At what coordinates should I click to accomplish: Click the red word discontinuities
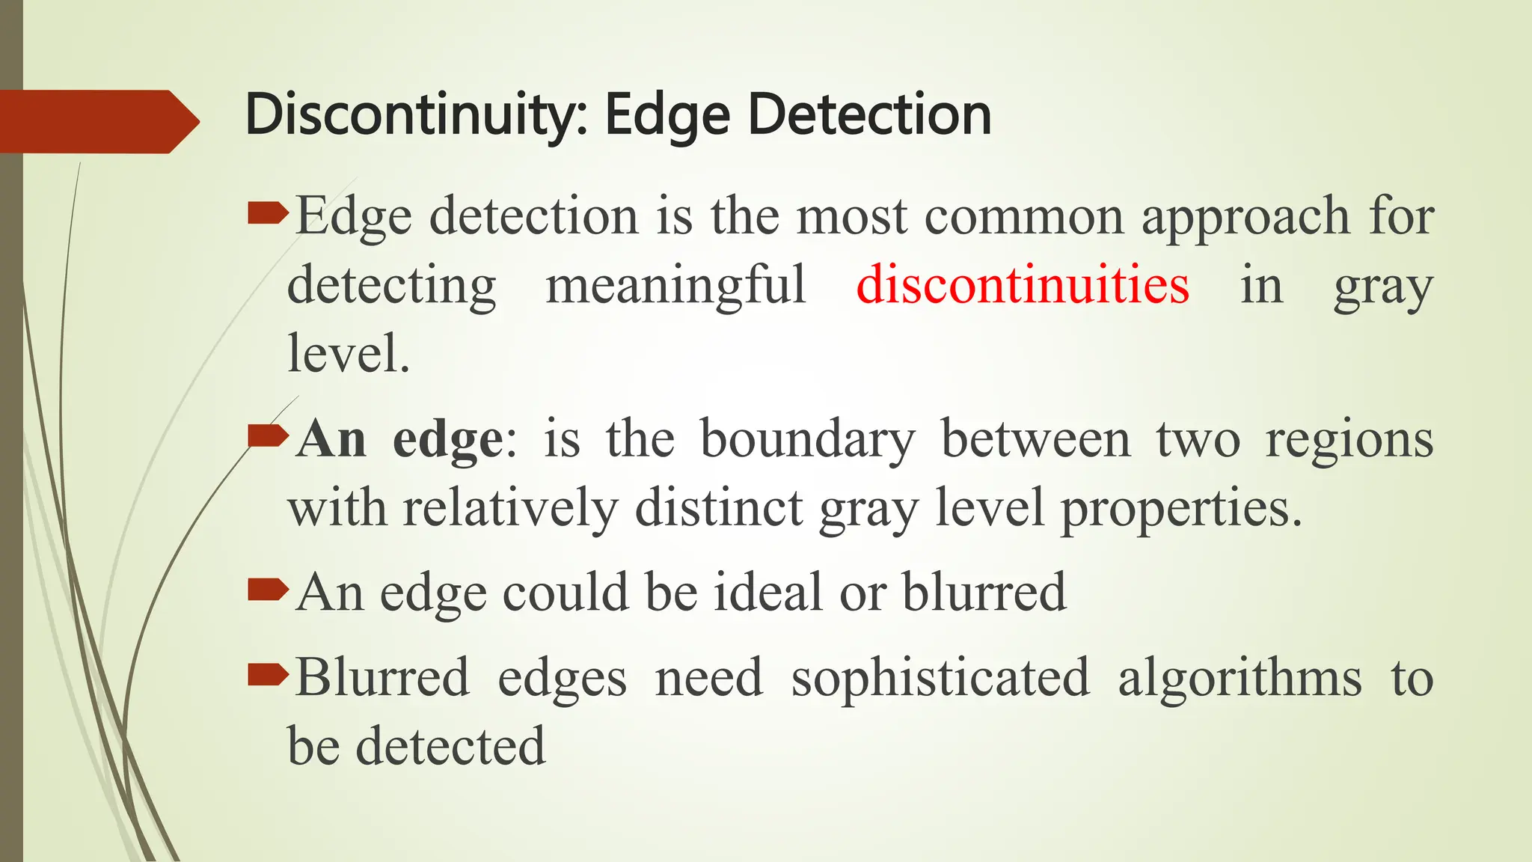click(x=1023, y=285)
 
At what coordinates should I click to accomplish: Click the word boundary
click(x=807, y=440)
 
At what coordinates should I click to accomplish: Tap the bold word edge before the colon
click(x=448, y=440)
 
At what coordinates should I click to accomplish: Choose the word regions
click(x=1349, y=441)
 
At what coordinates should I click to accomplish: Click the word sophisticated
click(x=940, y=678)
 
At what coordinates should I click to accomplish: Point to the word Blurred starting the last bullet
click(x=382, y=677)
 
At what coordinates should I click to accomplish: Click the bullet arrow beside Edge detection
click(x=267, y=215)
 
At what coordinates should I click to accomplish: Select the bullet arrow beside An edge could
click(x=267, y=591)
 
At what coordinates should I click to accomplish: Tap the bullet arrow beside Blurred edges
click(x=267, y=676)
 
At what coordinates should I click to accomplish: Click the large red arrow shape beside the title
click(x=97, y=121)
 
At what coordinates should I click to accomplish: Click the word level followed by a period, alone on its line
click(x=348, y=353)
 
